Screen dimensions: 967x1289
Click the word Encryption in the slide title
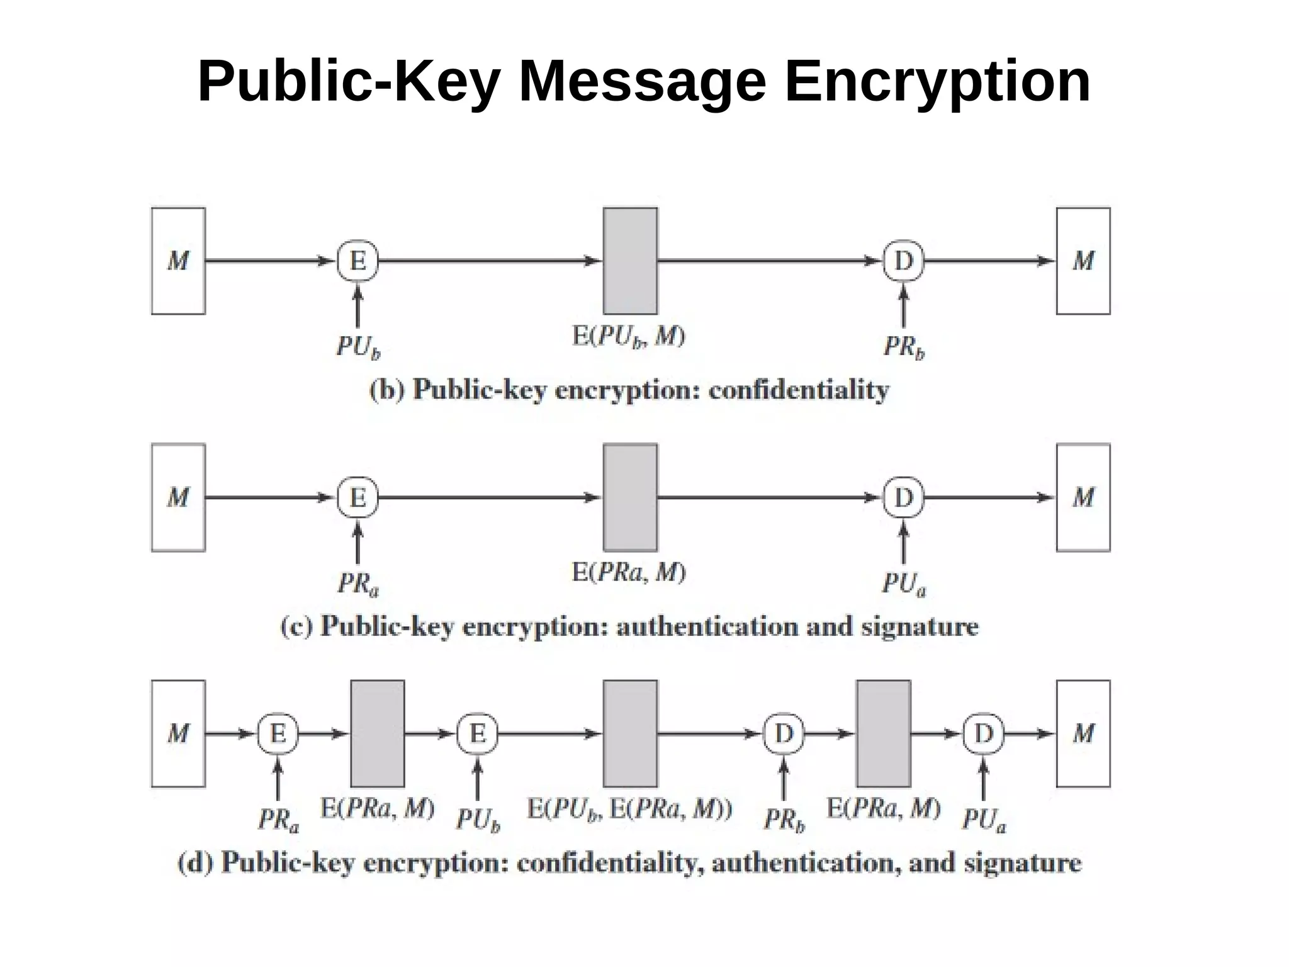point(937,82)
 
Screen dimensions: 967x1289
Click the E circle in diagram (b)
point(357,261)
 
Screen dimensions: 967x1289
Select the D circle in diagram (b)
point(903,261)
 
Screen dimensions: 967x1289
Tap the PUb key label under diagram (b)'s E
point(358,347)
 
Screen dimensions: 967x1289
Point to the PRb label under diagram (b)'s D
point(904,347)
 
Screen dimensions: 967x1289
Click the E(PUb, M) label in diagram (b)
point(628,337)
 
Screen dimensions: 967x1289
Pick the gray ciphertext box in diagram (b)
point(630,261)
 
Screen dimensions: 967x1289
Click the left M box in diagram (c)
point(178,497)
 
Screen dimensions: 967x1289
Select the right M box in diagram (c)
point(1083,497)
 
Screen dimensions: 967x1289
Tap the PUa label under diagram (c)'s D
point(904,584)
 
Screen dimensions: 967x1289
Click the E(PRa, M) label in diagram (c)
point(628,572)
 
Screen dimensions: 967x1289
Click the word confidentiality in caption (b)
point(799,390)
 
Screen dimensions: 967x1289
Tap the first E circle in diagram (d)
point(278,733)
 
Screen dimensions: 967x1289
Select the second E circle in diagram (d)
point(477,733)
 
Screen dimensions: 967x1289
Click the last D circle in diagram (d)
point(983,733)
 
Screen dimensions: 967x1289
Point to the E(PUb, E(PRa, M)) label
point(629,809)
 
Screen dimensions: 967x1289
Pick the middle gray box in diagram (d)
point(630,733)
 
